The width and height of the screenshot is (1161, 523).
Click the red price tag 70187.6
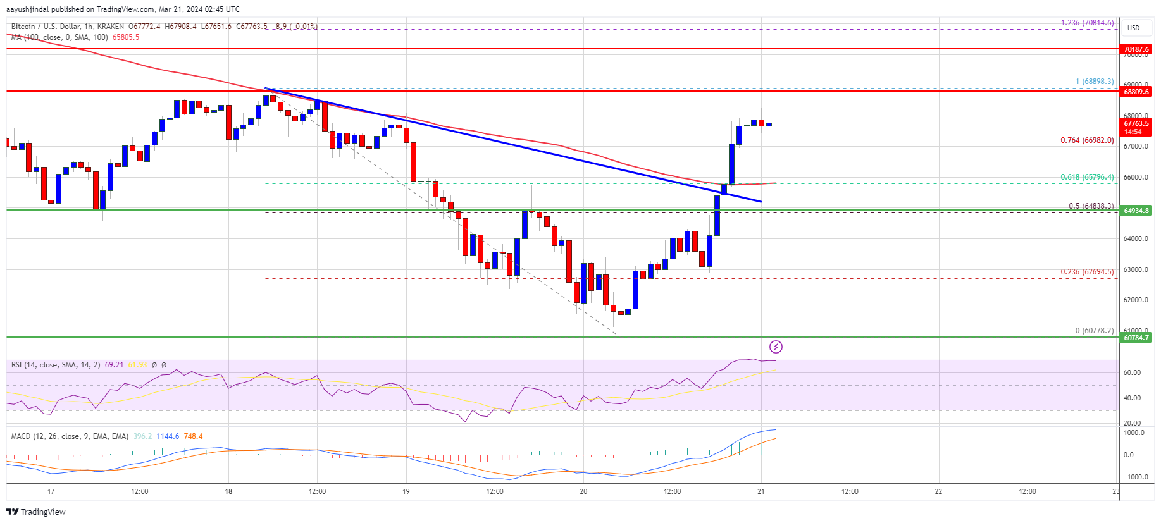pos(1136,49)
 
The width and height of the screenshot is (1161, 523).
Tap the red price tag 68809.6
pos(1136,92)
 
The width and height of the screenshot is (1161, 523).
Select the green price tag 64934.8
pos(1136,211)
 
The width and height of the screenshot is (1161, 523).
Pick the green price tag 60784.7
pos(1136,338)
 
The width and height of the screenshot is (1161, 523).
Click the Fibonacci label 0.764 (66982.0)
pos(1087,140)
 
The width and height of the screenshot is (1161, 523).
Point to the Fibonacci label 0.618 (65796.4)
pos(1087,177)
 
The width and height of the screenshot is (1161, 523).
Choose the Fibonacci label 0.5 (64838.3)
pos(1091,206)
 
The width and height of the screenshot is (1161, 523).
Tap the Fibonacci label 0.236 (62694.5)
pos(1087,272)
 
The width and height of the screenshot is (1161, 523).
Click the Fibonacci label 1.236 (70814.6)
pos(1087,23)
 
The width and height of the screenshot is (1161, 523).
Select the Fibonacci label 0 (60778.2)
pos(1094,331)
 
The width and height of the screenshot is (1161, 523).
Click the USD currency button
pos(1133,28)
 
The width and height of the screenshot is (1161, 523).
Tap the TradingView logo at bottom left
pos(36,512)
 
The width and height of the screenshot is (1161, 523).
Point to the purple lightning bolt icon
pos(776,347)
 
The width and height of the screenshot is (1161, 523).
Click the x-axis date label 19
pos(406,491)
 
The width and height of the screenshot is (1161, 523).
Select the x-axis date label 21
pos(761,491)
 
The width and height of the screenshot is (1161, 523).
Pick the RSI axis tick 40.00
pos(1132,398)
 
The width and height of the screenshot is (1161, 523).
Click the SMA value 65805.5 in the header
pos(126,37)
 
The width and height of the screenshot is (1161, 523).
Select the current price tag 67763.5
pos(1136,124)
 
